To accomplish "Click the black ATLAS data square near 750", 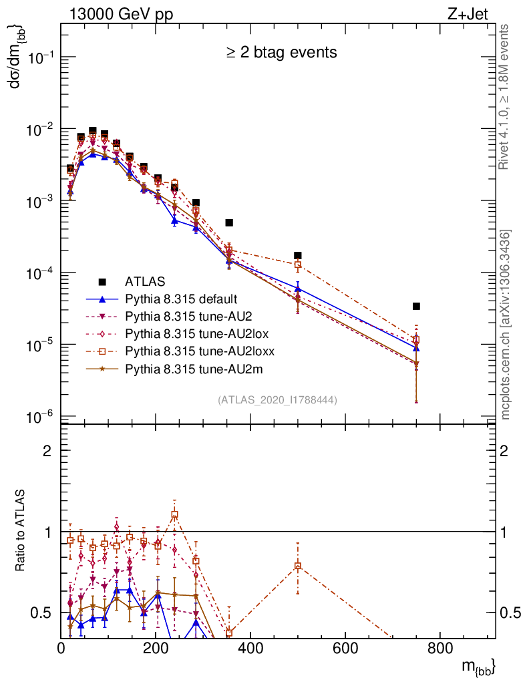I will click(x=416, y=306).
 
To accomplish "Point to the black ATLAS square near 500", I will click(x=298, y=255).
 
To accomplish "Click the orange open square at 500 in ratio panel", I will click(x=298, y=566).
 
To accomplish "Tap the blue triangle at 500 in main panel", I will click(x=298, y=289).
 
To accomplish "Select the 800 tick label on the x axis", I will click(x=439, y=647).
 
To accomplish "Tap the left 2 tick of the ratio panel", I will click(x=47, y=450).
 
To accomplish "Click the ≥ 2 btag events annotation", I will click(x=281, y=52).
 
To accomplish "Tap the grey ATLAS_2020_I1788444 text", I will click(x=277, y=400).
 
